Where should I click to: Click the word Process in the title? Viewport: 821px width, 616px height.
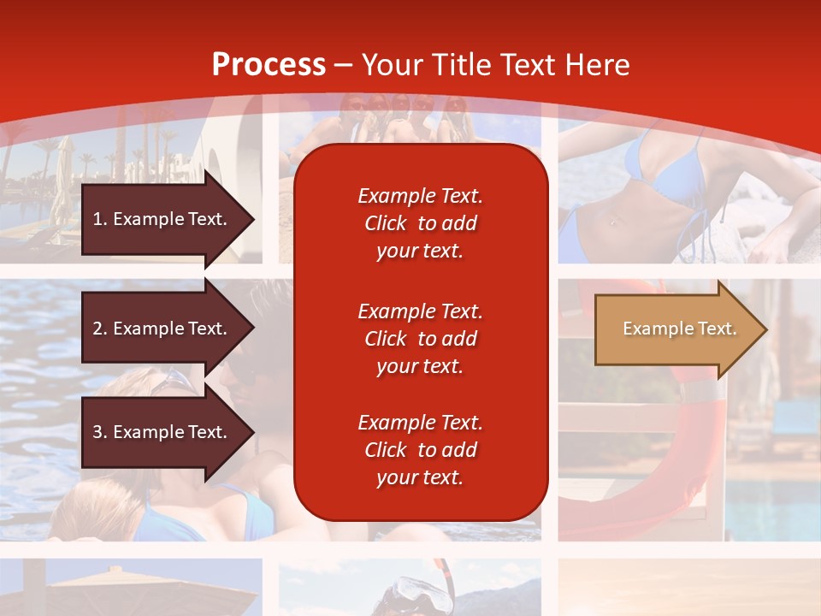pyautogui.click(x=269, y=65)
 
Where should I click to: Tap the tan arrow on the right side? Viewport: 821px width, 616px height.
pyautogui.click(x=676, y=329)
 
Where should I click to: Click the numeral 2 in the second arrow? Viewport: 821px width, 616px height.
pyautogui.click(x=97, y=329)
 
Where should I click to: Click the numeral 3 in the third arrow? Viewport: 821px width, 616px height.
pyautogui.click(x=97, y=432)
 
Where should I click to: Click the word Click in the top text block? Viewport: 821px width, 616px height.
pyautogui.click(x=386, y=223)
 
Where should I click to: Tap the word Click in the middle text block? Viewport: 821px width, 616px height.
pyautogui.click(x=386, y=339)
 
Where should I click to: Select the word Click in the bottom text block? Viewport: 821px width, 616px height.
pyautogui.click(x=386, y=450)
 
